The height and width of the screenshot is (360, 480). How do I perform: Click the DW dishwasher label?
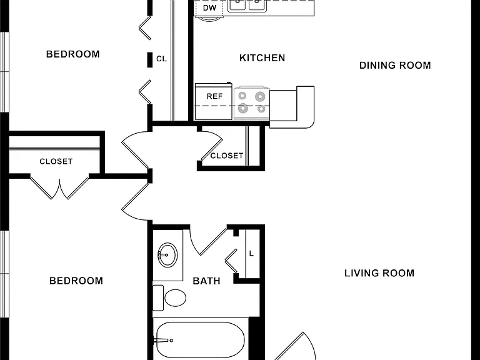[x=210, y=8]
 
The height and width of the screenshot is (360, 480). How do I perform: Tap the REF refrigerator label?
[x=214, y=96]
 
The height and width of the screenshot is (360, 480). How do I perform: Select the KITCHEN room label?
[x=262, y=58]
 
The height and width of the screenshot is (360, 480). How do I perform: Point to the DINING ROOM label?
[x=395, y=65]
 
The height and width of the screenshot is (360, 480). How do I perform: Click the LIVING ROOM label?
[x=379, y=273]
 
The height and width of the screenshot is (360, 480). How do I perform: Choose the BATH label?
[x=207, y=281]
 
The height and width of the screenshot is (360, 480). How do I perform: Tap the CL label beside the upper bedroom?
[x=162, y=59]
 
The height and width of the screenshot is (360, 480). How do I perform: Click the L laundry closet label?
[x=252, y=254]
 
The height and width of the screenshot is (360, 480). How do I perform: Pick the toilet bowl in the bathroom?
[x=175, y=297]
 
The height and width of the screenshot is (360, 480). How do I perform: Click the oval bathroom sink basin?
[x=167, y=255]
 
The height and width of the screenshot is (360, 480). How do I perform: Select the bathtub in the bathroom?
[x=201, y=339]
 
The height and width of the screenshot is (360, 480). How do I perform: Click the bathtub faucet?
[x=163, y=341]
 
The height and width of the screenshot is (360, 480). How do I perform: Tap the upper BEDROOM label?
[x=73, y=54]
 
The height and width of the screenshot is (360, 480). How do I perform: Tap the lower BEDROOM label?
[x=76, y=281]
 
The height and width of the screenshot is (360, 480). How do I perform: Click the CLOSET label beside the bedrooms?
[x=56, y=161]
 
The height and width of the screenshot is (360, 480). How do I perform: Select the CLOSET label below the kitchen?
[x=227, y=156]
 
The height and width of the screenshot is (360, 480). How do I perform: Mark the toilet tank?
[x=158, y=298]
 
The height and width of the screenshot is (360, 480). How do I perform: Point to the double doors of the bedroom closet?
[x=60, y=188]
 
